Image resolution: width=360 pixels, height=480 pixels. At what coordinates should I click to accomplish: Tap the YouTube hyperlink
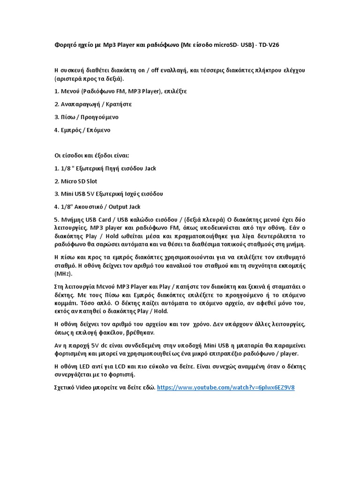point(225,388)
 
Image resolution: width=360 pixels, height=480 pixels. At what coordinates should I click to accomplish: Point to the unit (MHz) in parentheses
point(63,273)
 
